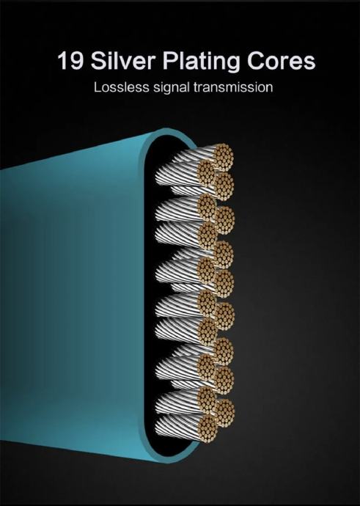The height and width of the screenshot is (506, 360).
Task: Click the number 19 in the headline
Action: [70, 60]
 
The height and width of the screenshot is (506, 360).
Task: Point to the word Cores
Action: [282, 61]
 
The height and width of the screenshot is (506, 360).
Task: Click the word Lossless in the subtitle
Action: [122, 87]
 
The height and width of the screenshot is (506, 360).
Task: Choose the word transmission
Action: [233, 87]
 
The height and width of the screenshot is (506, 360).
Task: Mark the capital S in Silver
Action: [98, 60]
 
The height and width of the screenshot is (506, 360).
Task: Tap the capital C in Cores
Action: [256, 60]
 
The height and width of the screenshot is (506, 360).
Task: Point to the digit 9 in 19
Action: [76, 60]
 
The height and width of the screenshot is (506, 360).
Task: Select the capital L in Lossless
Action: [98, 87]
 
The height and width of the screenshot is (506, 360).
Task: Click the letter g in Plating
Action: [233, 64]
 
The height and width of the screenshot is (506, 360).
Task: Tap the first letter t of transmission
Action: [195, 87]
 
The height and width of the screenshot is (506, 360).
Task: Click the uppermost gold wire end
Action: [223, 158]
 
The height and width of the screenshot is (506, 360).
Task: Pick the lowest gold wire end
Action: [207, 428]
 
